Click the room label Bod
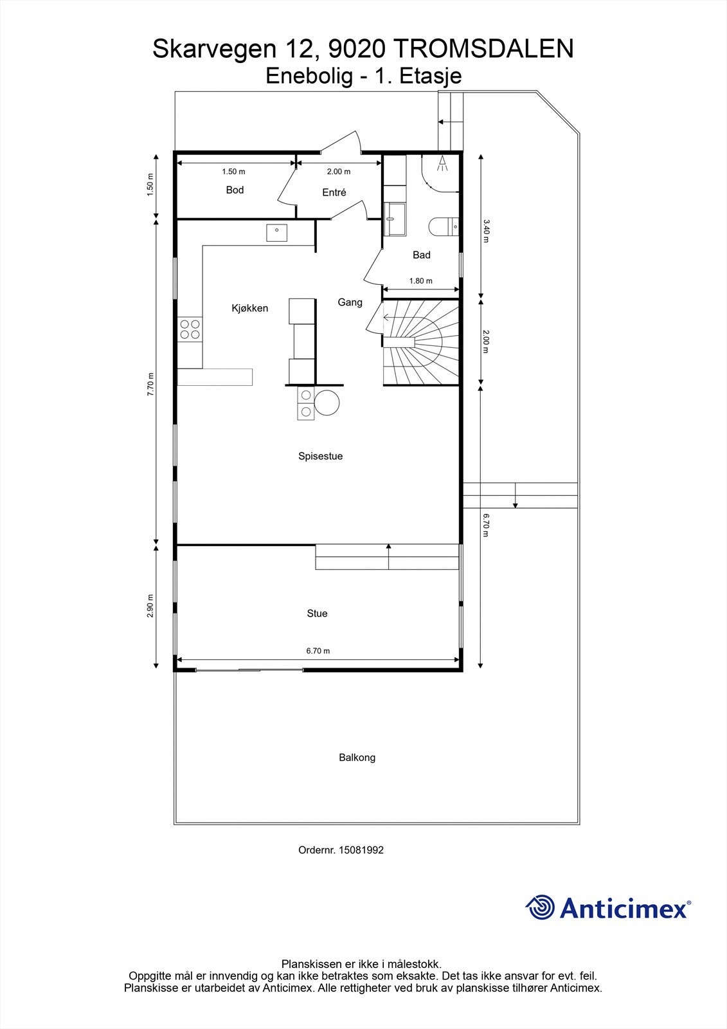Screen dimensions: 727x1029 [235, 190]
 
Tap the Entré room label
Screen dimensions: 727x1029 [334, 192]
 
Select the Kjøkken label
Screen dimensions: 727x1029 [250, 308]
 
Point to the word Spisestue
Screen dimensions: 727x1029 [321, 456]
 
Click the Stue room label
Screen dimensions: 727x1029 [317, 614]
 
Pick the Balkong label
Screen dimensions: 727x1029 [357, 758]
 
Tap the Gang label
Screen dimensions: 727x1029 [350, 302]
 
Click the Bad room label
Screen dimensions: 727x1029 [422, 255]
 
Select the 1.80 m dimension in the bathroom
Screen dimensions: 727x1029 [420, 280]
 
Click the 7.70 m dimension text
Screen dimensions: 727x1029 [150, 384]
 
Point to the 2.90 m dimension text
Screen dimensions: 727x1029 [150, 605]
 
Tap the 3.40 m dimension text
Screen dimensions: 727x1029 [487, 231]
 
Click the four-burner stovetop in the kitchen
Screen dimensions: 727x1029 [190, 329]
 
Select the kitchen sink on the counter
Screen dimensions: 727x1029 [277, 233]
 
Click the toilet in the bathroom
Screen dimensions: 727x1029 [444, 226]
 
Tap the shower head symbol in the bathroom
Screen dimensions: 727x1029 [442, 163]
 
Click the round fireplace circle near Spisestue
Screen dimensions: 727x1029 [327, 403]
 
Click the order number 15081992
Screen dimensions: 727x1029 [361, 850]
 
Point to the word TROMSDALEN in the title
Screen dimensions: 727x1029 [483, 49]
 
